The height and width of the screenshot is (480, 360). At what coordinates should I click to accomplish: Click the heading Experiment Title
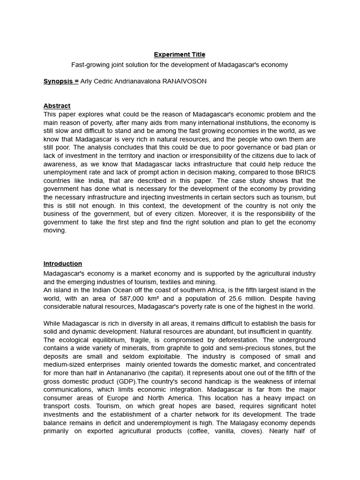pyautogui.click(x=180, y=54)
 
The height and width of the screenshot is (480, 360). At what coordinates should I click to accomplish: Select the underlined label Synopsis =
pyautogui.click(x=61, y=81)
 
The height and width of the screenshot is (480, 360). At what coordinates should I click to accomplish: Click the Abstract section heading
pyautogui.click(x=57, y=106)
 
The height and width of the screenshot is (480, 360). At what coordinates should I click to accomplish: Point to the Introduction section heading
pyautogui.click(x=63, y=263)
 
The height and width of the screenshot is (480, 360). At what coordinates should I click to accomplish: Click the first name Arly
pyautogui.click(x=87, y=81)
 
